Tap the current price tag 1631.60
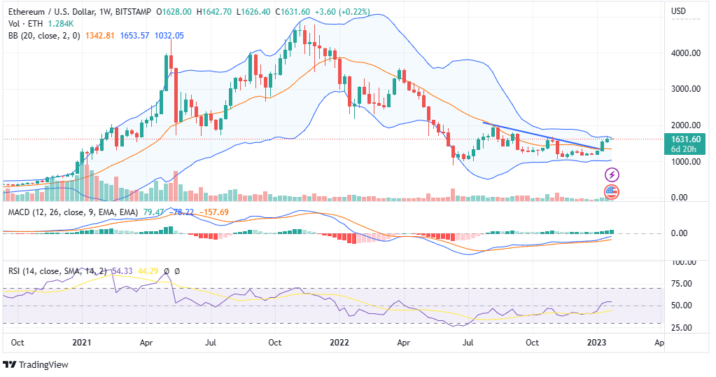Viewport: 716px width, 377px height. (x=686, y=139)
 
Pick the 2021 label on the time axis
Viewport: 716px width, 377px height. (x=82, y=343)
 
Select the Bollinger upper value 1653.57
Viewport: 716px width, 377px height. (x=135, y=36)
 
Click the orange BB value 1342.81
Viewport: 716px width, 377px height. (x=100, y=36)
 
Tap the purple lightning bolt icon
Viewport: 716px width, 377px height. (x=612, y=174)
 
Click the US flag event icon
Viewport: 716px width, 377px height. (x=612, y=191)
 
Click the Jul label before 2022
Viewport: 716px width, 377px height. (x=211, y=343)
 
